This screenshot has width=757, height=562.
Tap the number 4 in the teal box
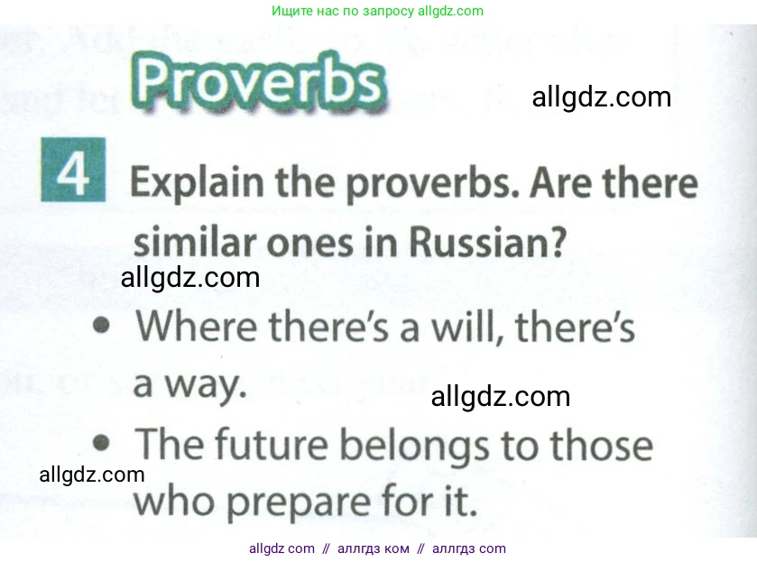(x=74, y=170)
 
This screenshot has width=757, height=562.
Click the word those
(x=600, y=446)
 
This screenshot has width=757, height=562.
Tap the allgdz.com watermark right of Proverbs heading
(x=601, y=97)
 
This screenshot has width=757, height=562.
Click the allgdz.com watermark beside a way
(x=500, y=396)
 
